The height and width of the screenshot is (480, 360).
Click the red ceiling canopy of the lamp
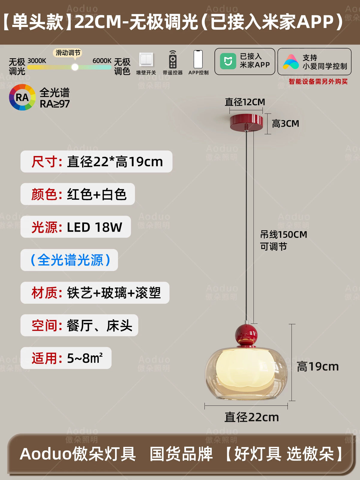click(246, 122)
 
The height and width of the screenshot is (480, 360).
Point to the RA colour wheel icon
click(22, 97)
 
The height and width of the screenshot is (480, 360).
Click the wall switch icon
click(146, 59)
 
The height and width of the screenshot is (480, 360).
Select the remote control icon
click(173, 59)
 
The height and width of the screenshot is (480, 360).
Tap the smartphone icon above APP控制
click(198, 59)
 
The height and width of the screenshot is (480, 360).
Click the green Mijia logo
click(228, 61)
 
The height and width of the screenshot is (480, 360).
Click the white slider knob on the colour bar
click(75, 67)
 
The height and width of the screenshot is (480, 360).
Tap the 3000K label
click(37, 61)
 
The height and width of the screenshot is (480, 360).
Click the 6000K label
click(102, 61)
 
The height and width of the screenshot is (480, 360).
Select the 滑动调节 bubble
click(68, 53)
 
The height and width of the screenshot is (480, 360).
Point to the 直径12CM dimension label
click(245, 102)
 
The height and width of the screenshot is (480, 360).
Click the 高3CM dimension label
click(286, 124)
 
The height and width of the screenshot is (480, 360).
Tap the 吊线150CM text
click(283, 234)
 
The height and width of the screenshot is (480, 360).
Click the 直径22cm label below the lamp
click(252, 417)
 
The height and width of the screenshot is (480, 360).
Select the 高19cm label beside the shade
click(318, 367)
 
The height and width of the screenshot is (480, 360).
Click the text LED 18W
click(94, 227)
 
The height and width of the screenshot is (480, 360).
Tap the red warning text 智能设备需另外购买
click(318, 82)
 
